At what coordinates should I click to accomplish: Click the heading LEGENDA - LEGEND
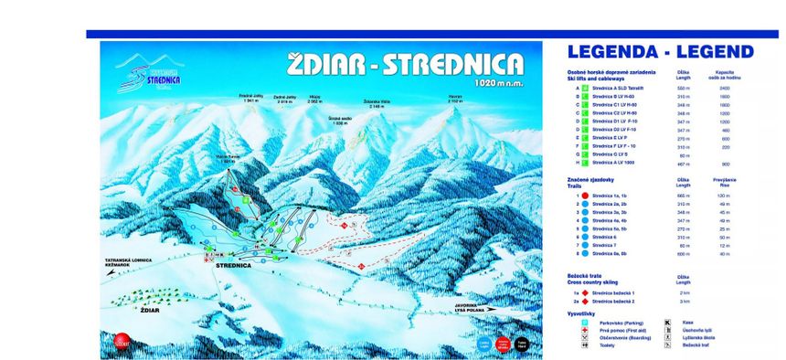pos(660,52)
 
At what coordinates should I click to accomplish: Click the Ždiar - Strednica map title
pos(405,63)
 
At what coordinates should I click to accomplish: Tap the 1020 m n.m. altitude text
pos(500,83)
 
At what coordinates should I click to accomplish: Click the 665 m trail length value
pos(682,196)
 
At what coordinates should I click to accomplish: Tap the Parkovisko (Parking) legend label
pos(615,322)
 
